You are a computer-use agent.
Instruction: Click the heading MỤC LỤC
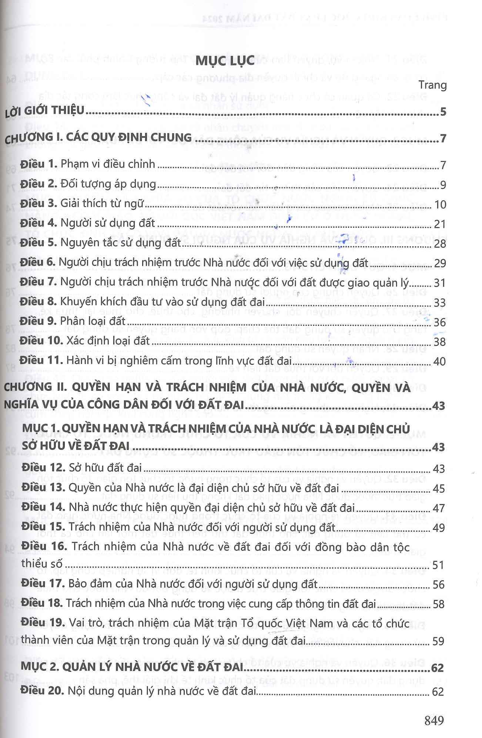click(225, 60)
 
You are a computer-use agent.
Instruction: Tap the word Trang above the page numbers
click(432, 85)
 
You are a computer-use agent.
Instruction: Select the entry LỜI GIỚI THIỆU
click(45, 111)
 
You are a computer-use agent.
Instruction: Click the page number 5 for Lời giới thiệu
click(443, 111)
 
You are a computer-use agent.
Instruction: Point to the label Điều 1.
click(39, 164)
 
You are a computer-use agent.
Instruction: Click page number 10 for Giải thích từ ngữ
click(440, 204)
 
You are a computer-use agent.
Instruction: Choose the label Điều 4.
click(39, 223)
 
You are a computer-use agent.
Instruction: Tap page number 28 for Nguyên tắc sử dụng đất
click(440, 244)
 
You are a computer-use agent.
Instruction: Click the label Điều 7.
click(39, 282)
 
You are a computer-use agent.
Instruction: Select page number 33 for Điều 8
click(440, 303)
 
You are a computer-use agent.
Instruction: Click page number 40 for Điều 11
click(439, 361)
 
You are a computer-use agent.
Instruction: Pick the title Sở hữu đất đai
click(106, 468)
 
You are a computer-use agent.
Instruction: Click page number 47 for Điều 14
click(439, 508)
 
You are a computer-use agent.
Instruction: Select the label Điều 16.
click(44, 546)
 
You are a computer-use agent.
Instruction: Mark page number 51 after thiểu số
click(438, 565)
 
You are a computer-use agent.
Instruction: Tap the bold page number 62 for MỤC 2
click(438, 668)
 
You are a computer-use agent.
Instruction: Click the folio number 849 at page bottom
click(434, 720)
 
